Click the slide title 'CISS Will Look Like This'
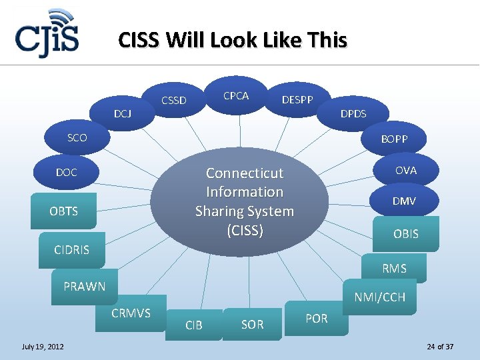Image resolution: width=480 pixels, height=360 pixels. click(232, 41)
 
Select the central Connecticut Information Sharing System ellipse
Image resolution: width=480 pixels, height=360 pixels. click(245, 201)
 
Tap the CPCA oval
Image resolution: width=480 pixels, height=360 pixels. click(236, 95)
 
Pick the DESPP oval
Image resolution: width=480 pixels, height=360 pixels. click(297, 100)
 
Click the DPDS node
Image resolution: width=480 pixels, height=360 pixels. click(353, 113)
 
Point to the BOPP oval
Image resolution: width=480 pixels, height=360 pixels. click(394, 139)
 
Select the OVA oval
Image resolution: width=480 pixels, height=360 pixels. click(405, 171)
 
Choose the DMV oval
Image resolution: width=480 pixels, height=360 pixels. click(404, 201)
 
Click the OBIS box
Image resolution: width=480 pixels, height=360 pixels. click(405, 234)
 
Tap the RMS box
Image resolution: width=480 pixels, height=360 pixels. click(394, 268)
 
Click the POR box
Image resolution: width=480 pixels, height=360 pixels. click(316, 318)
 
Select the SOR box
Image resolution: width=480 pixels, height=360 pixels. click(252, 325)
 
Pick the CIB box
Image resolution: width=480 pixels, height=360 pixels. click(194, 325)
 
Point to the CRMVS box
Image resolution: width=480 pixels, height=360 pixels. click(131, 313)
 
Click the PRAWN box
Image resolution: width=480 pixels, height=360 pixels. click(85, 287)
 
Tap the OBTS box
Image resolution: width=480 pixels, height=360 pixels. click(63, 211)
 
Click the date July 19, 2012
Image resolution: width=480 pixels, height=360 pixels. click(43, 347)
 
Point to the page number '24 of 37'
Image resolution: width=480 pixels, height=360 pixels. click(440, 347)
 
